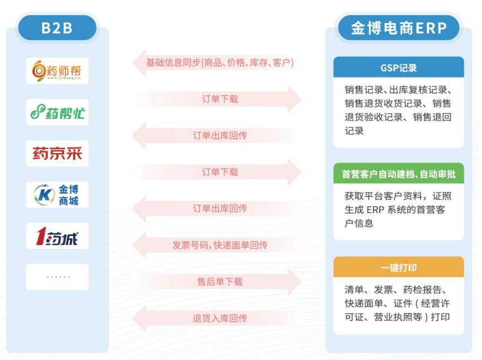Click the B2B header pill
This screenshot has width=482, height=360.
click(57, 28)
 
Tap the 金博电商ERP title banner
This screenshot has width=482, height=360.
click(399, 28)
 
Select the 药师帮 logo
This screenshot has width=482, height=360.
click(57, 70)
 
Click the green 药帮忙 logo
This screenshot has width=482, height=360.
click(57, 112)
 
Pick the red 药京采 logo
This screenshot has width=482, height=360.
click(57, 153)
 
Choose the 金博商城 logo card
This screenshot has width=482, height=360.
click(57, 194)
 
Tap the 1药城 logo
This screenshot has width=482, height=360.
click(57, 236)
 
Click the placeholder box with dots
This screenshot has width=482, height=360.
click(57, 277)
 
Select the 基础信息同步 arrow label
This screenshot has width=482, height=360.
click(220, 63)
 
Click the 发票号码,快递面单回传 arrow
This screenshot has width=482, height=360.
click(216, 245)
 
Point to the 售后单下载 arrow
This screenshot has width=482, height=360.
click(216, 282)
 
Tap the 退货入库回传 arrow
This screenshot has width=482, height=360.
click(216, 318)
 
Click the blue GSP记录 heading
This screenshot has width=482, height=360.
click(399, 67)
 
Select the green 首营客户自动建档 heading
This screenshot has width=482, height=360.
click(399, 174)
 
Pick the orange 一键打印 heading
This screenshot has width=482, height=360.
click(399, 268)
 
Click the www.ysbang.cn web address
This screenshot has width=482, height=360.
click(64, 78)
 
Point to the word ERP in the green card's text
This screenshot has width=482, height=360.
click(375, 210)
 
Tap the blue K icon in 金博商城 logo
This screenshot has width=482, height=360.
click(44, 194)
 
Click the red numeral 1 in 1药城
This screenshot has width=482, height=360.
click(41, 236)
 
